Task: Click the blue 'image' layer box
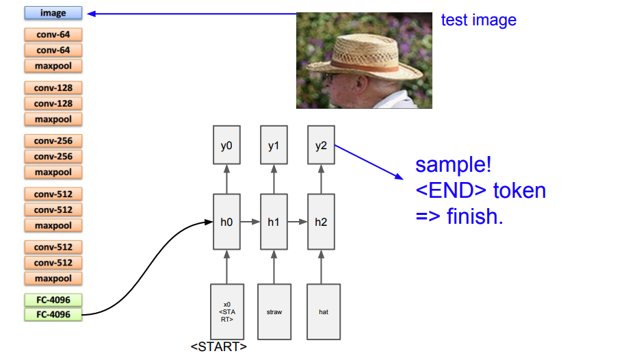(x=53, y=13)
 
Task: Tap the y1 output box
(x=274, y=145)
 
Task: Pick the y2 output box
(x=322, y=145)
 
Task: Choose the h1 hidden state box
(x=274, y=222)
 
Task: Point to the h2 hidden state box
(x=322, y=222)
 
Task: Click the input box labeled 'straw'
(x=274, y=311)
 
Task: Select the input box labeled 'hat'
(x=323, y=311)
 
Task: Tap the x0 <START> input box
(x=226, y=311)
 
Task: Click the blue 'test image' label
(x=478, y=20)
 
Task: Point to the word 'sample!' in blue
(x=454, y=165)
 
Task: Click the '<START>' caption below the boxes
(x=219, y=346)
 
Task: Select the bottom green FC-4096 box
(x=53, y=315)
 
